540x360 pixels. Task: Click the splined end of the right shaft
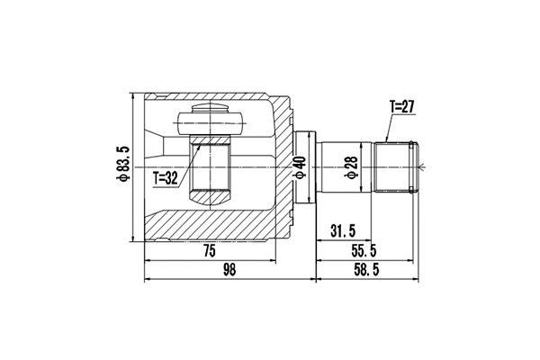(x=397, y=166)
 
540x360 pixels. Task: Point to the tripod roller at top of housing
(x=212, y=118)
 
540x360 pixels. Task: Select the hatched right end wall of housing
(x=284, y=167)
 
